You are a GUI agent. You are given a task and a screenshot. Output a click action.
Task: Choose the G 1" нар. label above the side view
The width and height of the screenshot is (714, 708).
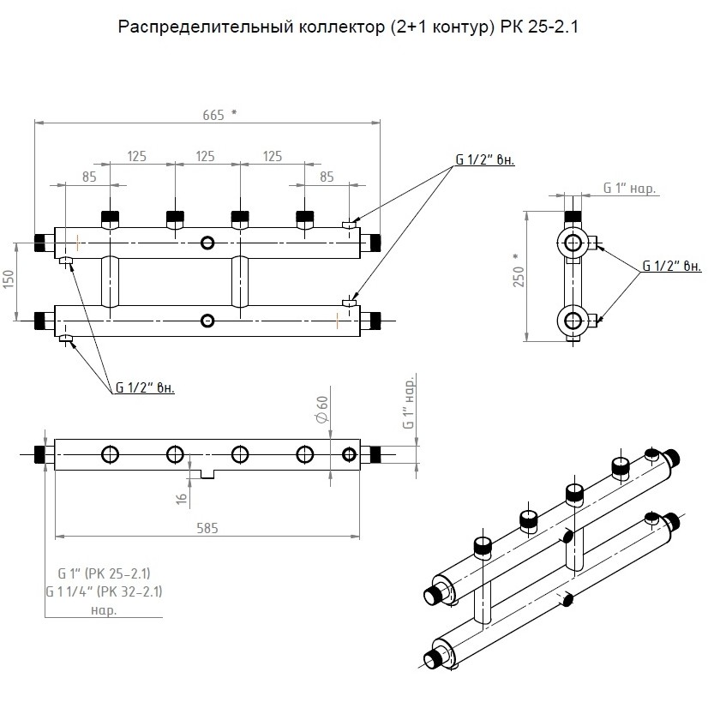point(629,188)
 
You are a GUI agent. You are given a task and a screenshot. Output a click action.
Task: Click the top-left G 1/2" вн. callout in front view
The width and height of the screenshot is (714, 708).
point(484,160)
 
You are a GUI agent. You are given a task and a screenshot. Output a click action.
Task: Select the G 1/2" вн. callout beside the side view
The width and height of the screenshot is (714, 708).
point(673,267)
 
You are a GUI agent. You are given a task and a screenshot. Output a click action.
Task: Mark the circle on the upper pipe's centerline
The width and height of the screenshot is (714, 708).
point(207,243)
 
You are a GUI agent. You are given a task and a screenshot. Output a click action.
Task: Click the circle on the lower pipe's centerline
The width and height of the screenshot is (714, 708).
point(207,321)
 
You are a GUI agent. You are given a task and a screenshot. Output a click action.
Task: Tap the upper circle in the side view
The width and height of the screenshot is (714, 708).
point(572,243)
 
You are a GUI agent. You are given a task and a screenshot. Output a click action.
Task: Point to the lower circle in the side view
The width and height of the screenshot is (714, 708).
point(572,321)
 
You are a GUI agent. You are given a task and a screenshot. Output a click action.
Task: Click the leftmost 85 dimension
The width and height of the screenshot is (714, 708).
point(89,177)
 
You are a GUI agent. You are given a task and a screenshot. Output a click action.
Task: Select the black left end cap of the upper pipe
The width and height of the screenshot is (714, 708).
point(39,243)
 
